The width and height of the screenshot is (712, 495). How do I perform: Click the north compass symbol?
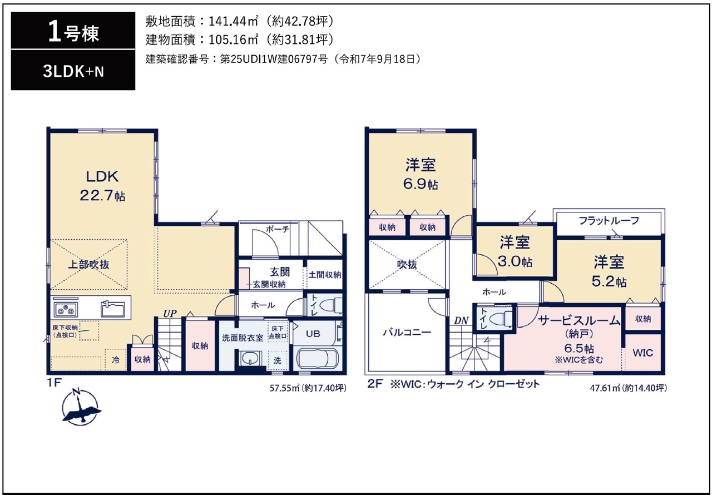click(81, 407)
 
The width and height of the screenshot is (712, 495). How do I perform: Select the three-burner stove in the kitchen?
click(66, 309)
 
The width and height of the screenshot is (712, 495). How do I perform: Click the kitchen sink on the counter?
click(113, 309)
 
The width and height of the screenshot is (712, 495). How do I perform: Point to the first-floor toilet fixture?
click(330, 306)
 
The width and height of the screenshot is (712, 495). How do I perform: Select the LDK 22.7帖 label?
click(102, 186)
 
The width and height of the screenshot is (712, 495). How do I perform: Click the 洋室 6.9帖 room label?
click(420, 174)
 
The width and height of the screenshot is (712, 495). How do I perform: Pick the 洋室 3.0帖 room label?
click(515, 252)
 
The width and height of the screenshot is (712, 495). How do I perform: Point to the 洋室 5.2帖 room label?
click(609, 271)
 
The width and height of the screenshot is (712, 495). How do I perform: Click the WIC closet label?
click(642, 353)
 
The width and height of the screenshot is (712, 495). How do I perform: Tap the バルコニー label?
click(407, 333)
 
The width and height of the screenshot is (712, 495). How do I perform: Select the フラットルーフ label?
click(609, 220)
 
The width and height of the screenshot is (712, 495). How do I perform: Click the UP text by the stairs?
click(170, 314)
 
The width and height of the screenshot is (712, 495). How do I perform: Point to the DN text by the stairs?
click(461, 320)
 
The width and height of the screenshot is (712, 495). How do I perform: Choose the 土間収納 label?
click(324, 275)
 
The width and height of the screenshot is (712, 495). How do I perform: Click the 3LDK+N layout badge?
click(73, 72)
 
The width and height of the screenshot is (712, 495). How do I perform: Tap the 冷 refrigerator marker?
click(116, 360)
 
